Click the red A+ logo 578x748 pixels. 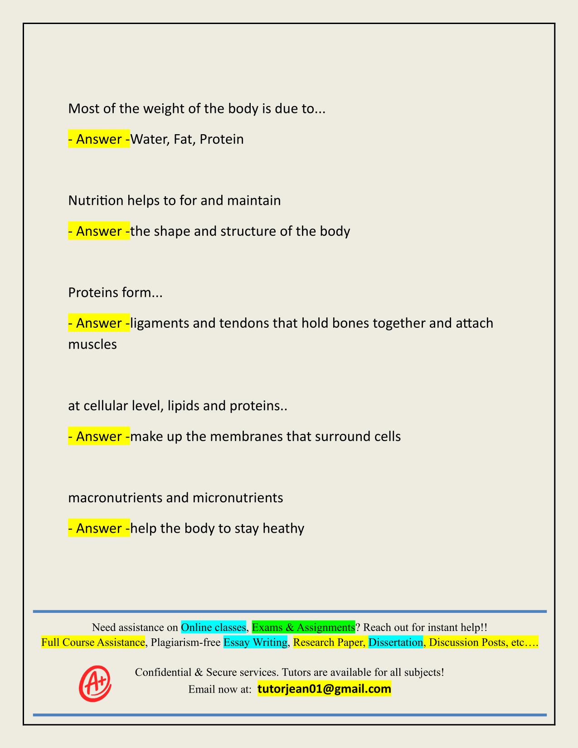pos(95,683)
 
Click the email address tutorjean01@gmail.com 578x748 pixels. pos(324,689)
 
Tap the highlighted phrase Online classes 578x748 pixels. pos(213,627)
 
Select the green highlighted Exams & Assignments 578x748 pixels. pos(303,627)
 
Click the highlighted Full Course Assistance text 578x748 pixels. pos(93,642)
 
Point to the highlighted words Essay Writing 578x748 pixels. pos(256,642)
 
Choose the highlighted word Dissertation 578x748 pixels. pos(395,642)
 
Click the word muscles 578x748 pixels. pos(92,345)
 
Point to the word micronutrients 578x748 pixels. pos(238,498)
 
